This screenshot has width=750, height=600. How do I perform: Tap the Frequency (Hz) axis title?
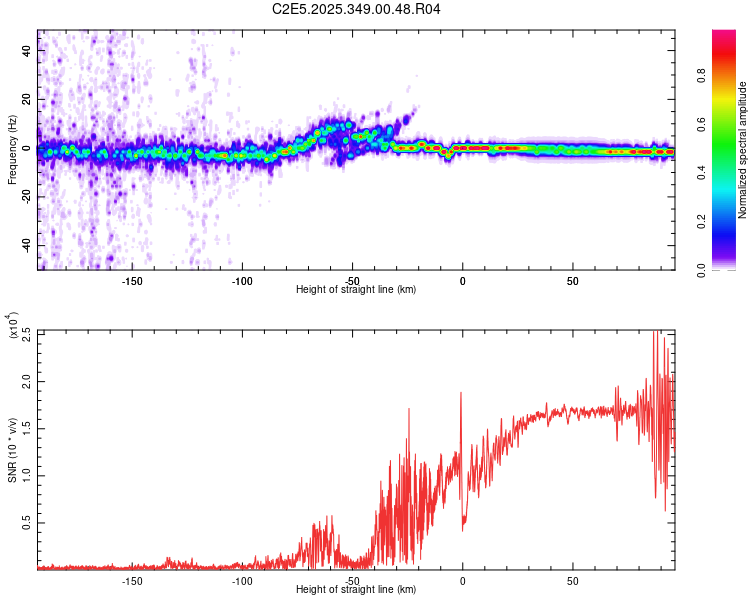(12, 150)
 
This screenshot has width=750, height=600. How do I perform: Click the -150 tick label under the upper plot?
(131, 282)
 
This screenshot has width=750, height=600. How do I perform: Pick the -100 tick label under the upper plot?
(241, 282)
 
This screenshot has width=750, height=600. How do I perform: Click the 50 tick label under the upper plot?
(572, 282)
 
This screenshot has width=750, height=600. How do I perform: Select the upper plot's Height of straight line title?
(356, 291)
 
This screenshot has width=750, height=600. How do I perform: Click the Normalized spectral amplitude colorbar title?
(743, 150)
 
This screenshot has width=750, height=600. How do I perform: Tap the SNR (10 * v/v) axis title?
(12, 450)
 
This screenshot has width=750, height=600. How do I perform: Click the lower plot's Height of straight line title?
(356, 590)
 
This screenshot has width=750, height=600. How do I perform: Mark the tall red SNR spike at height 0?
(461, 394)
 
